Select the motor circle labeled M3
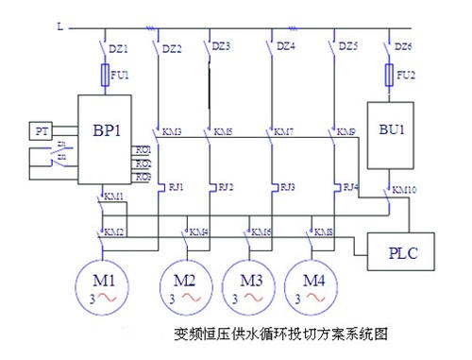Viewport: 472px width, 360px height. click(x=249, y=287)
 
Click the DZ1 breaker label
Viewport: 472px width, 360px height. click(x=119, y=46)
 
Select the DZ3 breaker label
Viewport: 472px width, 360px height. click(x=221, y=45)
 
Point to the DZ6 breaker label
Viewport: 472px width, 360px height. click(x=403, y=46)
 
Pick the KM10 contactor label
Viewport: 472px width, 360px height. click(x=405, y=189)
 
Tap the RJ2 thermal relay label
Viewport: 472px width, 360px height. click(x=226, y=186)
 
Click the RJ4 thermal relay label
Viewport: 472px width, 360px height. click(x=352, y=186)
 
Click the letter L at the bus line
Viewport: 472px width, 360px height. click(x=59, y=27)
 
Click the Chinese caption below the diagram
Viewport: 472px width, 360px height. click(x=281, y=334)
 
